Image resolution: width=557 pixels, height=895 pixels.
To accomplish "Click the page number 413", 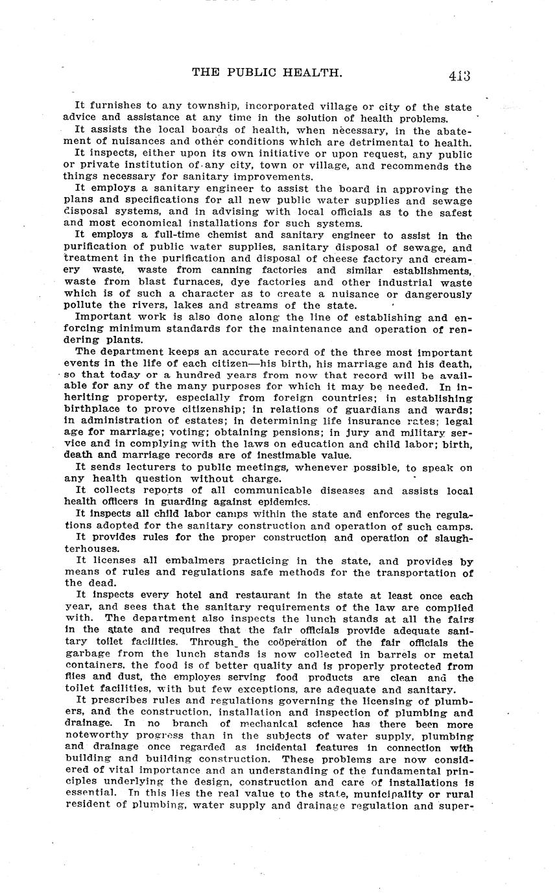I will [458, 75].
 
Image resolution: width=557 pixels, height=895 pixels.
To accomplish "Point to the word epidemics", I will [276, 502].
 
